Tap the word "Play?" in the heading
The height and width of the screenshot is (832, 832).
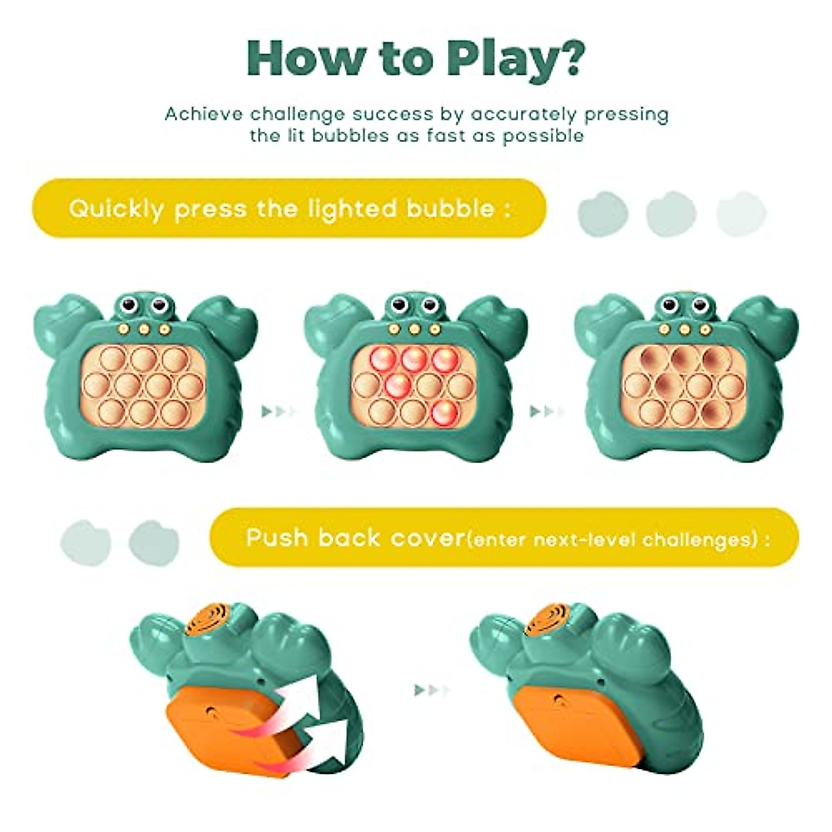point(514,60)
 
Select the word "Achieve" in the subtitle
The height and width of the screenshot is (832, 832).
point(203,114)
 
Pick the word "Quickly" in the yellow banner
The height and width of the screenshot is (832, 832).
point(116,209)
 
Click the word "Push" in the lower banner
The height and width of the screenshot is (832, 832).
point(277,538)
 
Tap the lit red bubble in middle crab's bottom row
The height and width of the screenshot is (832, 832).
point(443,412)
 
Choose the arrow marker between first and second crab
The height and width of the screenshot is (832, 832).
point(279,412)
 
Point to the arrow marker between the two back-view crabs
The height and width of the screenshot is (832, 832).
point(431,690)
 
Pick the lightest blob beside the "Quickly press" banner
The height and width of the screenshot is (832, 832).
point(740,214)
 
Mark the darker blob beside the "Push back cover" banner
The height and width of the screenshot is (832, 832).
point(153,542)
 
